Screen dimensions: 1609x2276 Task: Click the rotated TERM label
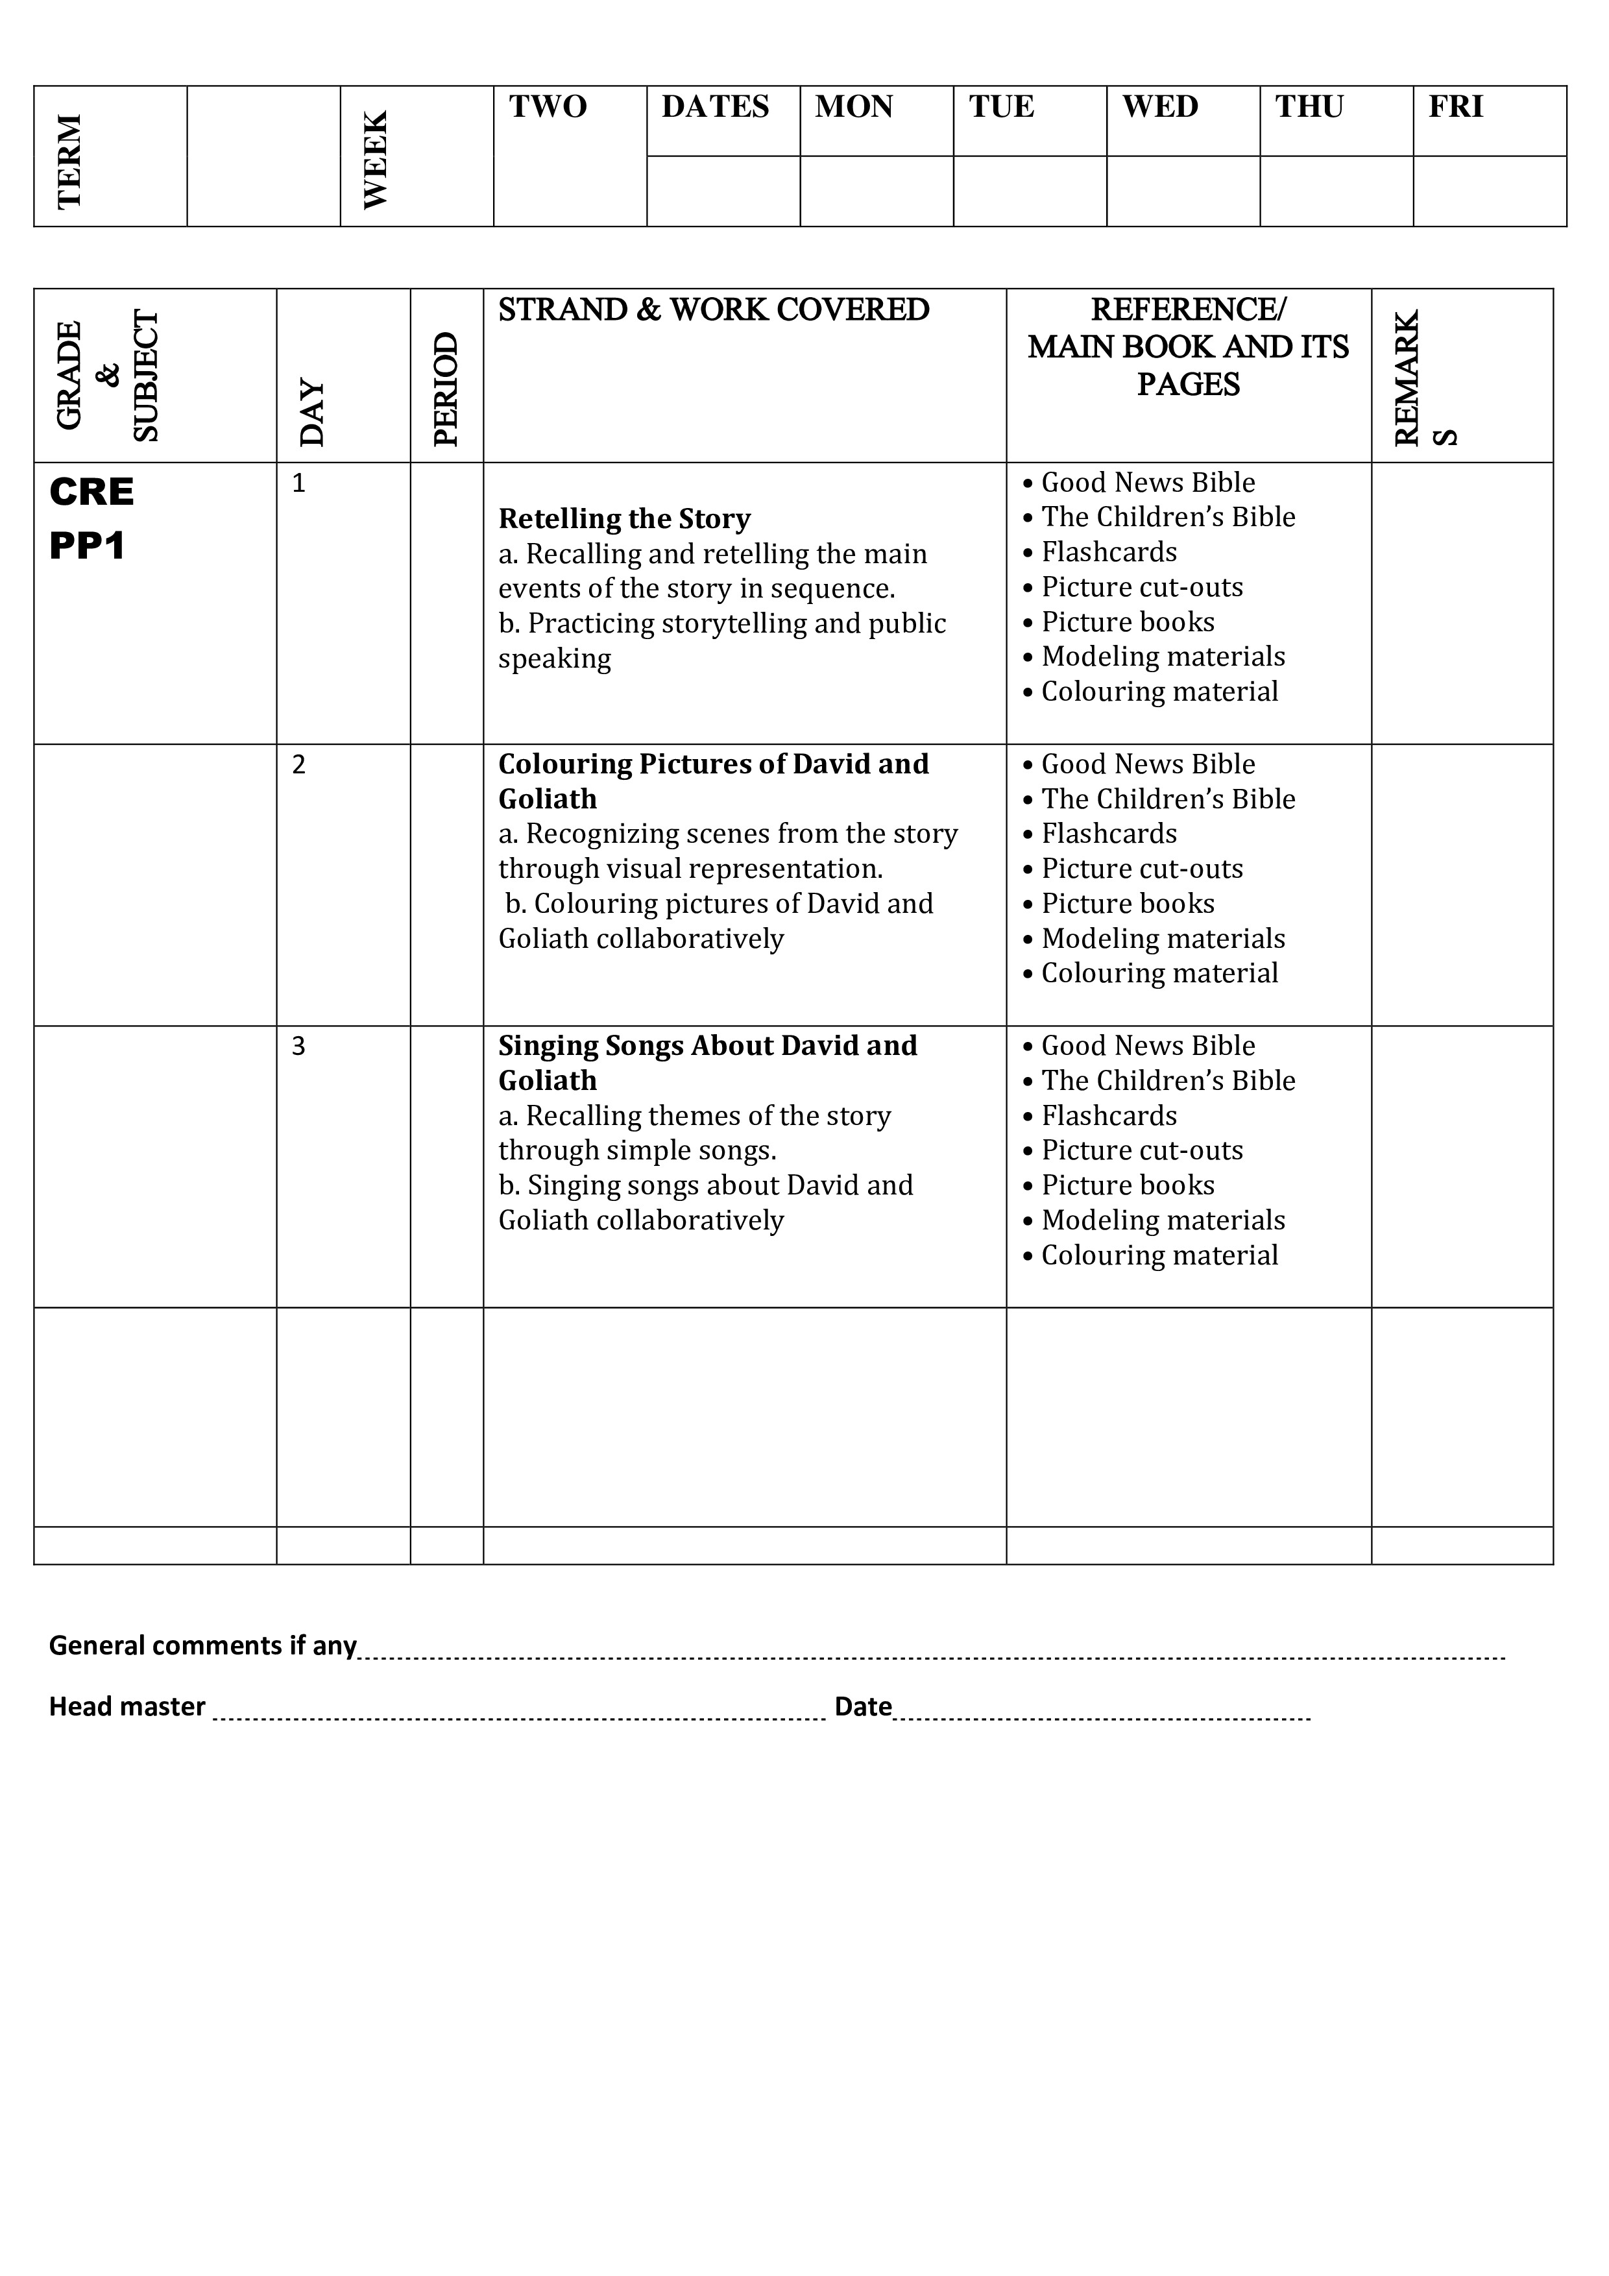[69, 162]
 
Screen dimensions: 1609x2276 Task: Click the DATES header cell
[715, 107]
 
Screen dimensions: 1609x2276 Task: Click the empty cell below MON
[877, 191]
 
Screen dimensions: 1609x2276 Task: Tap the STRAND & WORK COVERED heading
[714, 310]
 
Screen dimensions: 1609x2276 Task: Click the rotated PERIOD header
[446, 389]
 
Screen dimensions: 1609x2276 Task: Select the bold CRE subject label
[91, 492]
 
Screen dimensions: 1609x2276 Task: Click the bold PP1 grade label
[87, 546]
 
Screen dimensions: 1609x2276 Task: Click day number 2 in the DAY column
[298, 764]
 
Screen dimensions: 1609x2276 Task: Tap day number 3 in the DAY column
[298, 1046]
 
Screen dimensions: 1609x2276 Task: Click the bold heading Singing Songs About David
[708, 1046]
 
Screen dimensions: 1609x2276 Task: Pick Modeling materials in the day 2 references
[1163, 939]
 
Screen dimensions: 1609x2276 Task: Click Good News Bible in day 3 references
[1148, 1046]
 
